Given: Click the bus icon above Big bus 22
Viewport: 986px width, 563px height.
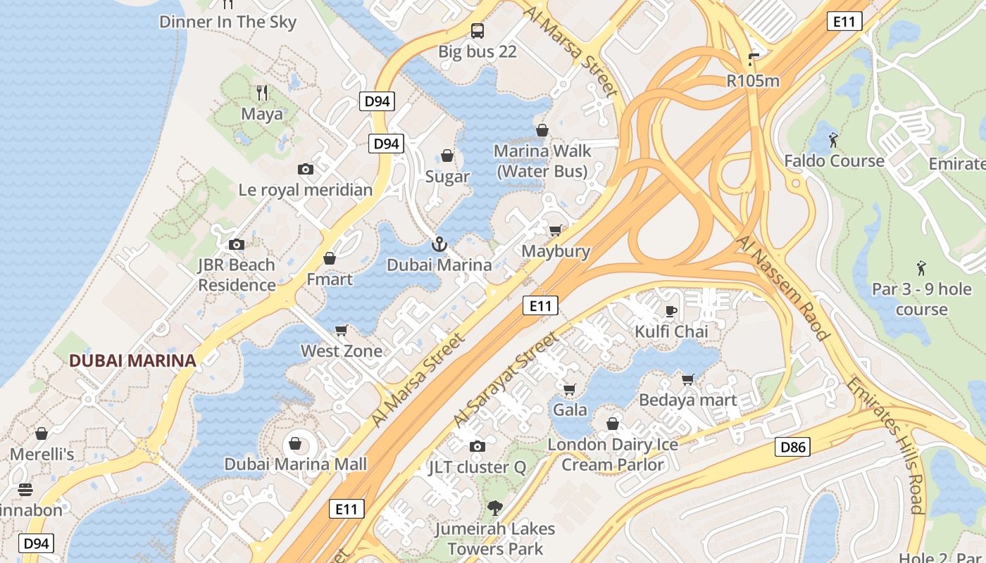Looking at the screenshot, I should point(478,30).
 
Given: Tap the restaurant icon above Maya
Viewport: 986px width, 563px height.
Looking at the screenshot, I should point(262,92).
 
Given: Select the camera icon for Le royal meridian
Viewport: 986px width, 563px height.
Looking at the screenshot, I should point(306,169).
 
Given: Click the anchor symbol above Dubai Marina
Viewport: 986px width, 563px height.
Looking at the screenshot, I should point(439,244).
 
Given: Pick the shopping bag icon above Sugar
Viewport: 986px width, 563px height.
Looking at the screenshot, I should point(447,156).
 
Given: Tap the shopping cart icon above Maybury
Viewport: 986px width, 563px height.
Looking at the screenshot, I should point(556,230).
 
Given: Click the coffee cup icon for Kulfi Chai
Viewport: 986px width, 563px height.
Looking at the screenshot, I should point(671,310).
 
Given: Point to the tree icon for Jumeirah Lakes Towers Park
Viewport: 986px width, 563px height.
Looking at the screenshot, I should point(495,507).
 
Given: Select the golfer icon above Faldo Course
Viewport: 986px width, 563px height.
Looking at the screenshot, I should point(834,139).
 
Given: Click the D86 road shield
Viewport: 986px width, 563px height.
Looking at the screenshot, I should point(793,446).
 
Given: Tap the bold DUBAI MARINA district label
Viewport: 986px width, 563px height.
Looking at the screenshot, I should point(132,361).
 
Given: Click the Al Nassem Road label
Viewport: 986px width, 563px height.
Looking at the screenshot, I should point(782,288).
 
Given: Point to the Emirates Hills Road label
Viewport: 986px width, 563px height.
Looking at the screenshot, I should point(885,445).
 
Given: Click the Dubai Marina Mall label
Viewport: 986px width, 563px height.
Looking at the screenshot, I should point(296,464).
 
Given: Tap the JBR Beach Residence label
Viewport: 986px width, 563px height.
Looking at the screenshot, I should point(237,275).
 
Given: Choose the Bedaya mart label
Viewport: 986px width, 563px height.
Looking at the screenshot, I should point(688,400).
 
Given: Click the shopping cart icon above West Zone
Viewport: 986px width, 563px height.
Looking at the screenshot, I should point(342,330).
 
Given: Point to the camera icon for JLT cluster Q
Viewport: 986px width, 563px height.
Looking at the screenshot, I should point(478,446).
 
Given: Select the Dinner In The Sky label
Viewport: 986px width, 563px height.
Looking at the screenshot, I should point(228,22).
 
